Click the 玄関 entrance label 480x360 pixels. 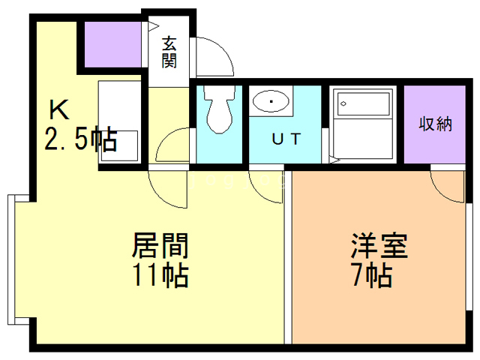(169, 52)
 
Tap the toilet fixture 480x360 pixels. (220, 109)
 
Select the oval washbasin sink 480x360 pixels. (271, 101)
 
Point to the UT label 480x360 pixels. (286, 139)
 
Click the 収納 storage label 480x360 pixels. (435, 124)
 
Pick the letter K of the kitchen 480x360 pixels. (59, 110)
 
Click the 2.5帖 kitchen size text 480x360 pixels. (81, 139)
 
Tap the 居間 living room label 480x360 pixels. (160, 246)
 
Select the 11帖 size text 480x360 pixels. (160, 275)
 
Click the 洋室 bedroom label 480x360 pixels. (379, 246)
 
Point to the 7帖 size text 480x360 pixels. (372, 275)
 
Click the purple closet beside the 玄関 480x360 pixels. (112, 44)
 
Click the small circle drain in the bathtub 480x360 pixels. (343, 103)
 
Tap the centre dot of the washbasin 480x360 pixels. (271, 101)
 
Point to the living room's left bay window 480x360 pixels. (11, 259)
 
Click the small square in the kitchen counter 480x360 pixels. (120, 145)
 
